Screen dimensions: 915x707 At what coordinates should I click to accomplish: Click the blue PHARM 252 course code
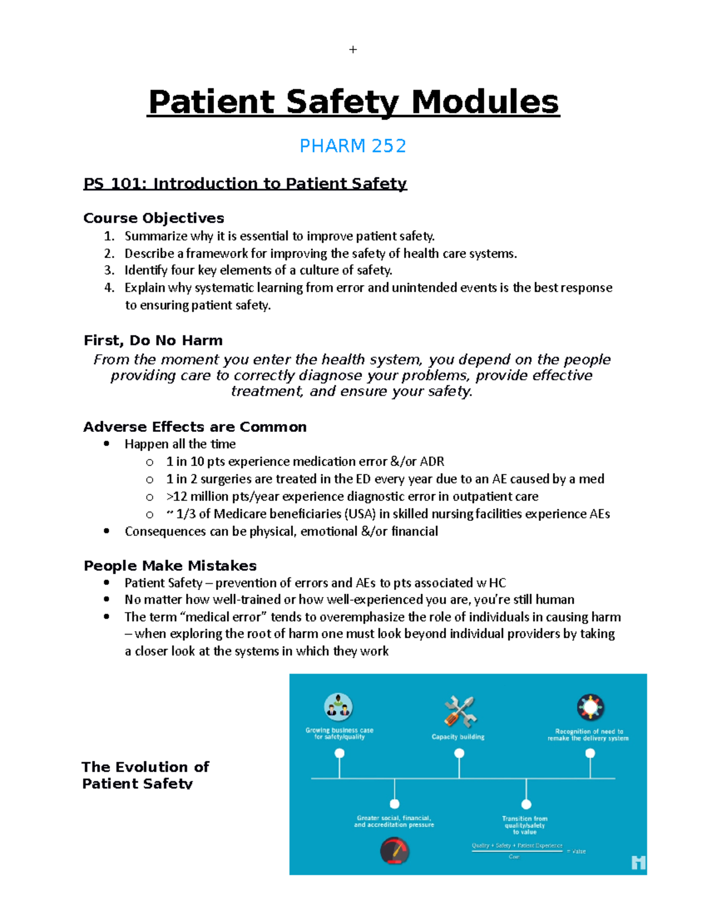pyautogui.click(x=352, y=146)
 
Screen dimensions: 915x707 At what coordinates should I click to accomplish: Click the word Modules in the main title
pyautogui.click(x=484, y=102)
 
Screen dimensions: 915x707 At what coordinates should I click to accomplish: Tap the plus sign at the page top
pyautogui.click(x=353, y=49)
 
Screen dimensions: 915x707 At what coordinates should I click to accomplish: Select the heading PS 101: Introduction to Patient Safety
pyautogui.click(x=245, y=184)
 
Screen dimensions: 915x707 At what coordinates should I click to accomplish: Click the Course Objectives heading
pyautogui.click(x=154, y=218)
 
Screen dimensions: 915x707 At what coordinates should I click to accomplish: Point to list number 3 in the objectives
pyautogui.click(x=109, y=270)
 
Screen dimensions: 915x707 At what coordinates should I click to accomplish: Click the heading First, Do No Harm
pyautogui.click(x=153, y=341)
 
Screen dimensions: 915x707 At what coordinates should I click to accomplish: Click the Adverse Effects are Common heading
pyautogui.click(x=195, y=427)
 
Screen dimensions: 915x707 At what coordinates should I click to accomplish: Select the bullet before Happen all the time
pyautogui.click(x=107, y=444)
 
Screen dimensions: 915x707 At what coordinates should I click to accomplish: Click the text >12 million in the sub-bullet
pyautogui.click(x=189, y=496)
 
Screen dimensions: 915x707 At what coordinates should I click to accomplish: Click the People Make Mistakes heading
pyautogui.click(x=170, y=566)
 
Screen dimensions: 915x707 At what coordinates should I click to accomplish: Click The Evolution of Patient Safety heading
pyautogui.click(x=146, y=775)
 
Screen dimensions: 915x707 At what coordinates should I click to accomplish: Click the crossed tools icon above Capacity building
pyautogui.click(x=460, y=711)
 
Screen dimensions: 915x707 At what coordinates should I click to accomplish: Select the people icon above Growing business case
pyautogui.click(x=339, y=707)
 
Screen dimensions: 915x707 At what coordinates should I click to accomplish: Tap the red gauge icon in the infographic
pyautogui.click(x=394, y=851)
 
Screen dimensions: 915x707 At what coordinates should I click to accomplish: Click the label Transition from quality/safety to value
pyautogui.click(x=524, y=825)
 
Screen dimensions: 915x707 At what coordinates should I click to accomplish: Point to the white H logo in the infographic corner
pyautogui.click(x=638, y=863)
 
